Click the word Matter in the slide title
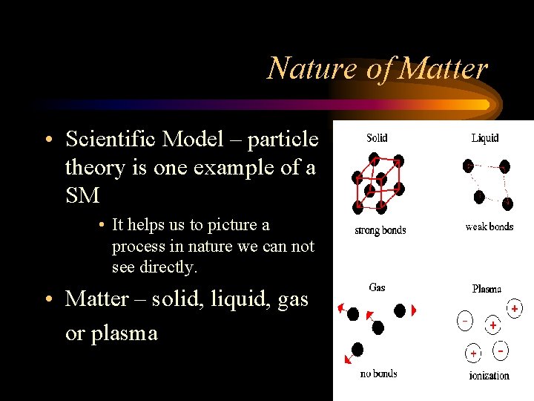pos(443,68)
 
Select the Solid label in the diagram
pos(377,137)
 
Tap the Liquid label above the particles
pos(485,137)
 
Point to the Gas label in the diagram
pos(377,287)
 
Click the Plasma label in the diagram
pos(487,289)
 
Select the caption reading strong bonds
pos(380,230)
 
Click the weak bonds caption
pos(489,226)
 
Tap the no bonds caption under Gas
pos(378,374)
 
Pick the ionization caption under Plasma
pos(489,375)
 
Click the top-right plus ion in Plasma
pos(514,307)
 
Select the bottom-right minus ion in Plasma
pos(501,349)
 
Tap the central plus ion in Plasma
pos(492,325)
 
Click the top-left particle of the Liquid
pos(468,165)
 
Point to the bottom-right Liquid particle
pos(507,201)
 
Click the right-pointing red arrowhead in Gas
pos(414,310)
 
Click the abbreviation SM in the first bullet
pos(82,195)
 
